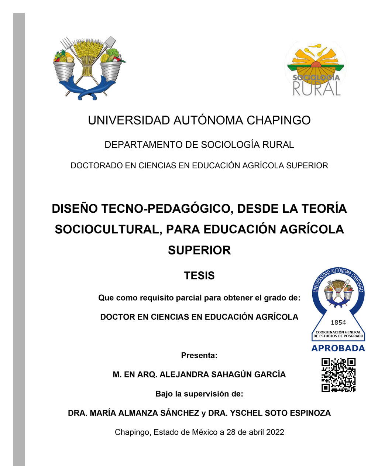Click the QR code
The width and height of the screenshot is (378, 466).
coord(338,375)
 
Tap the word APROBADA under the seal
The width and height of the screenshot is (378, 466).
coord(338,348)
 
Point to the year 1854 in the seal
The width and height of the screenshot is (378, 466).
coord(338,322)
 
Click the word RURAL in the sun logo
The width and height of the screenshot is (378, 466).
coord(316,89)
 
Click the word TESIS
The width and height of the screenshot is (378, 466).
coord(199,276)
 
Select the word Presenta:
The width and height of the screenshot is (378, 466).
coord(199,356)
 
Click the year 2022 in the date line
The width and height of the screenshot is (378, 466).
coord(275,432)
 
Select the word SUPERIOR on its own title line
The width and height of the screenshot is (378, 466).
coord(199,250)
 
